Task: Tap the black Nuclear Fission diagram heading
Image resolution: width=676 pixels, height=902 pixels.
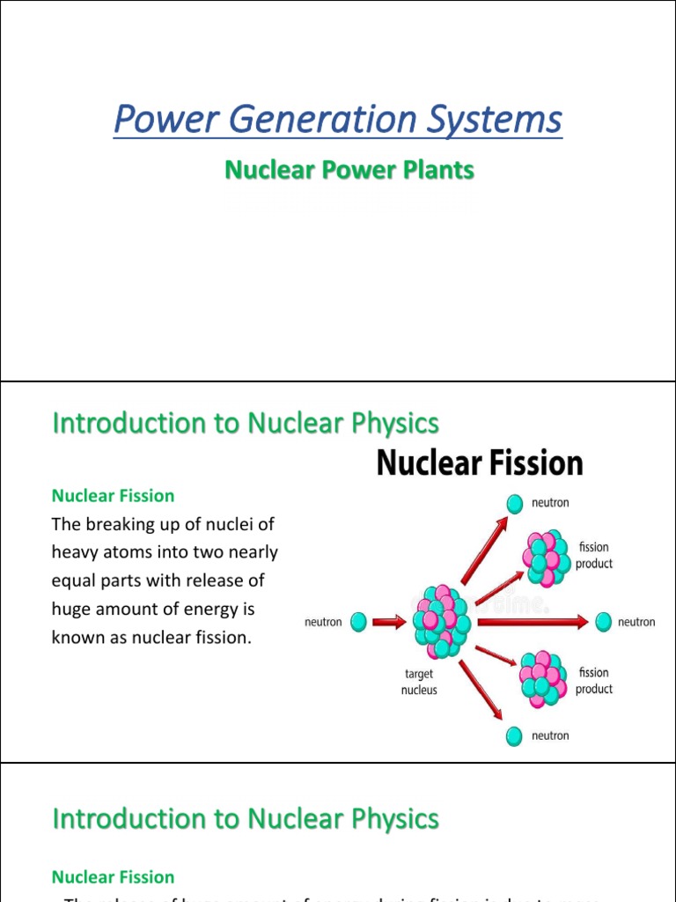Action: point(480,463)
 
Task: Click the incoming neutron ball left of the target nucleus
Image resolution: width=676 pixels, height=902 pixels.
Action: point(358,622)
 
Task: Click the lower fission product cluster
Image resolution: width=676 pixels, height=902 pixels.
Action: point(543,679)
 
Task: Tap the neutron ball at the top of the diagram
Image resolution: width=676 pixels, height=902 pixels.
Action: point(514,502)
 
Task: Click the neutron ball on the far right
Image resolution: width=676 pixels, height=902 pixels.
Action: point(603,622)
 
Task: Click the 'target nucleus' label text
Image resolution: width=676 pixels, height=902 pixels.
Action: point(419,682)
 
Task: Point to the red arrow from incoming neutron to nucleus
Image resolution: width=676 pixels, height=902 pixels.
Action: point(389,622)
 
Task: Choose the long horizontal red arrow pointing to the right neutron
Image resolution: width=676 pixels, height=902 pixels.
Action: point(529,622)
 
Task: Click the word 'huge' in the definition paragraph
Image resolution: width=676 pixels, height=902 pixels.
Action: point(71,609)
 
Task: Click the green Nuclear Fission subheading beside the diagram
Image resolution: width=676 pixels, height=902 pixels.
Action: point(113,496)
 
